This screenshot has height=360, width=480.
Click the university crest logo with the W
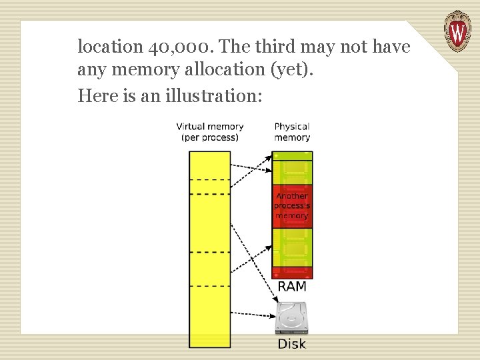point(457,31)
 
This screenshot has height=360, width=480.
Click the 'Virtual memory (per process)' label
point(210,131)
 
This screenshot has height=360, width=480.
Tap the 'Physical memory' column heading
point(292,131)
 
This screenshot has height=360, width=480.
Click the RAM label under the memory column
point(292,287)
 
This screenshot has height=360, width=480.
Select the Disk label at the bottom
point(292,344)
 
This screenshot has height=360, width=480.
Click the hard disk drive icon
point(292,319)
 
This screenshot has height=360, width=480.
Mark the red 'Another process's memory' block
point(292,206)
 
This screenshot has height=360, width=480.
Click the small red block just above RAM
point(292,273)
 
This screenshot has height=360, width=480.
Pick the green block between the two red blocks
point(292,247)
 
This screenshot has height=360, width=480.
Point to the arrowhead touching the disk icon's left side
point(275,315)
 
